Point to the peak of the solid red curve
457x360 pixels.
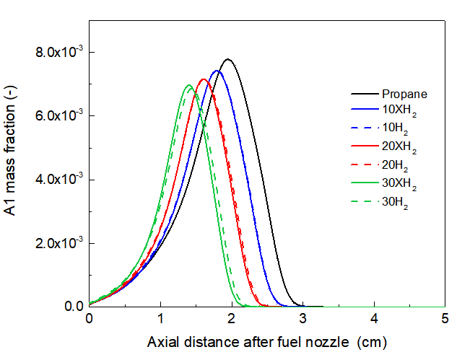[x=204, y=79]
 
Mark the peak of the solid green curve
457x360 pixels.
[x=188, y=85]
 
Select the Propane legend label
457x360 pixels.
[x=405, y=94]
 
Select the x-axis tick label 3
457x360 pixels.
[x=303, y=318]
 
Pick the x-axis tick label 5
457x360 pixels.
[x=445, y=318]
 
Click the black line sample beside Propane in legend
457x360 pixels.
[x=365, y=94]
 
